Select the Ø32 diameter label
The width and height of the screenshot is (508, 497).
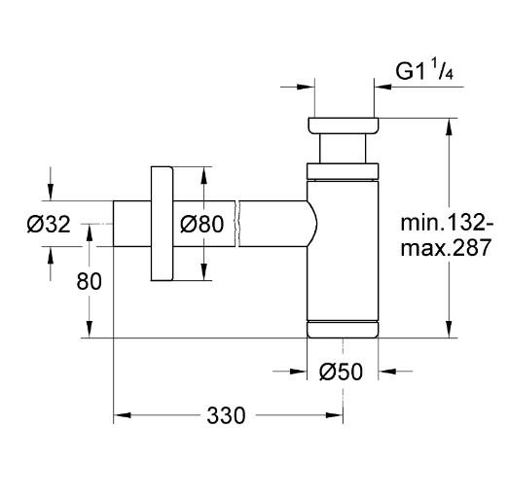pos(50,225)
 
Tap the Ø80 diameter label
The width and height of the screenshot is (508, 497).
pos(202,224)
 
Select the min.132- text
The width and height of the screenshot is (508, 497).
pos(448,223)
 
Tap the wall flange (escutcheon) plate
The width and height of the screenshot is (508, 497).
pos(162,224)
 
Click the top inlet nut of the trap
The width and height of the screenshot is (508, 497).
pos(344,125)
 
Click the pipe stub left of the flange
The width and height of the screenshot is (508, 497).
pos(131,224)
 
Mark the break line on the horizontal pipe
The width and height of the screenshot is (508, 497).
pos(237,224)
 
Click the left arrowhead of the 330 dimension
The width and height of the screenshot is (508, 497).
pos(122,416)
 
